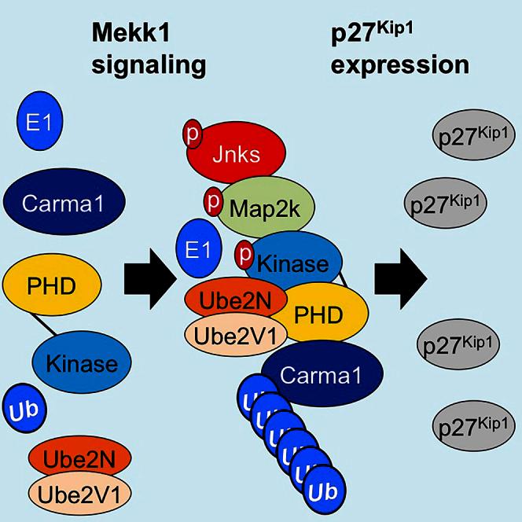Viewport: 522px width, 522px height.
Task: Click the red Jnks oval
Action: coord(236,154)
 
